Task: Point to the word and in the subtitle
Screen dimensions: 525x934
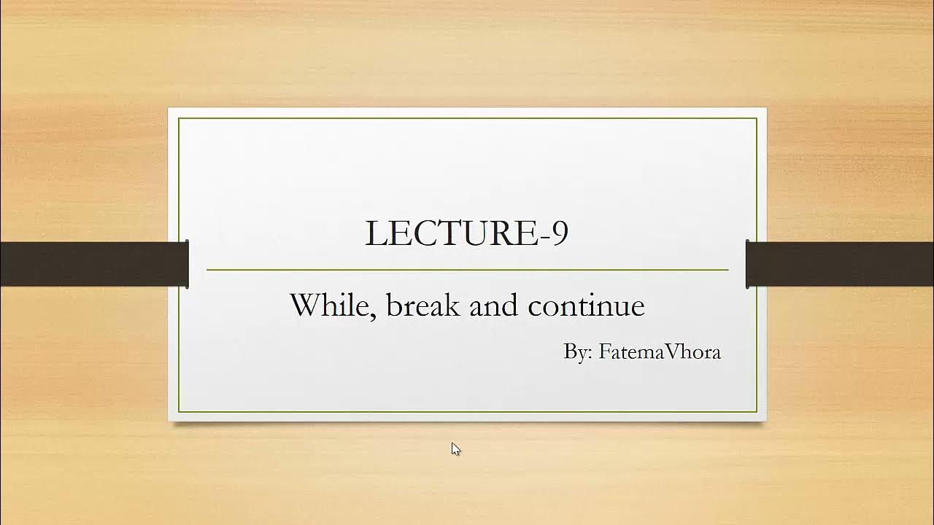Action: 493,305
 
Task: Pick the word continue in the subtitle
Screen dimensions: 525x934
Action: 586,305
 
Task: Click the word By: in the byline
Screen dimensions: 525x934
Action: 578,352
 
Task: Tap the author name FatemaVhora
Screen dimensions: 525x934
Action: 660,351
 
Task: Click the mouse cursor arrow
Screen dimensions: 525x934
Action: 455,448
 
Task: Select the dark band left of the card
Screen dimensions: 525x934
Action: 93,264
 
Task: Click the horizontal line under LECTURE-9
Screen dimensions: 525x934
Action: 467,270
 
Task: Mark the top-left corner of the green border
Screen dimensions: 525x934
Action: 179,118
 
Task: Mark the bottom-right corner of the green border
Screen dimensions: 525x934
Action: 757,412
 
